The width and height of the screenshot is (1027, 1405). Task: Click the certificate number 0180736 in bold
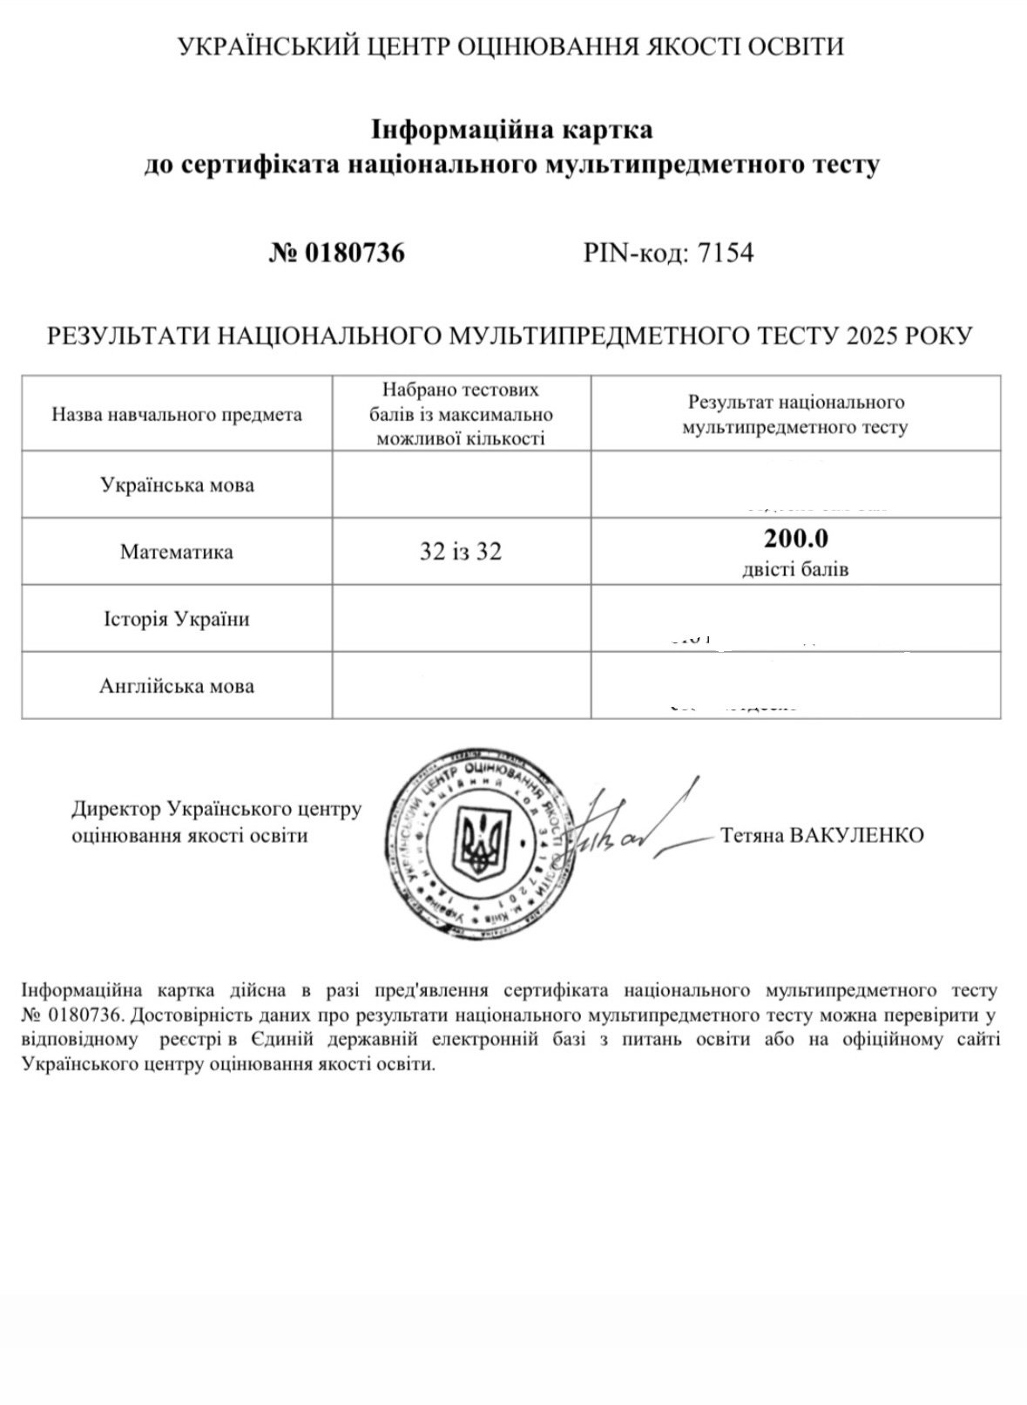click(354, 254)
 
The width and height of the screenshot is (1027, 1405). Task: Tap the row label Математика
click(177, 552)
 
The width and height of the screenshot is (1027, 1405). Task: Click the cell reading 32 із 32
click(461, 552)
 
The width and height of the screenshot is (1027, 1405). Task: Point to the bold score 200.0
click(795, 539)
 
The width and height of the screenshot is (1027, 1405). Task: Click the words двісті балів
click(795, 570)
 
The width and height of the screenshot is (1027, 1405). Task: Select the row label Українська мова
click(177, 485)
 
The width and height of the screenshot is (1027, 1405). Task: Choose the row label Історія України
click(177, 619)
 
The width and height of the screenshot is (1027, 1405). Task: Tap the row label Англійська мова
click(177, 686)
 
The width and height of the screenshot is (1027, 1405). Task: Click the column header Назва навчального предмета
click(177, 414)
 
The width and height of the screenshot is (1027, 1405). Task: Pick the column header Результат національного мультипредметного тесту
click(795, 414)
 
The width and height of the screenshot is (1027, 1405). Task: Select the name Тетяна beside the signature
click(751, 835)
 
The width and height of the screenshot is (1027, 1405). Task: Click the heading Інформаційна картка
click(512, 131)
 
